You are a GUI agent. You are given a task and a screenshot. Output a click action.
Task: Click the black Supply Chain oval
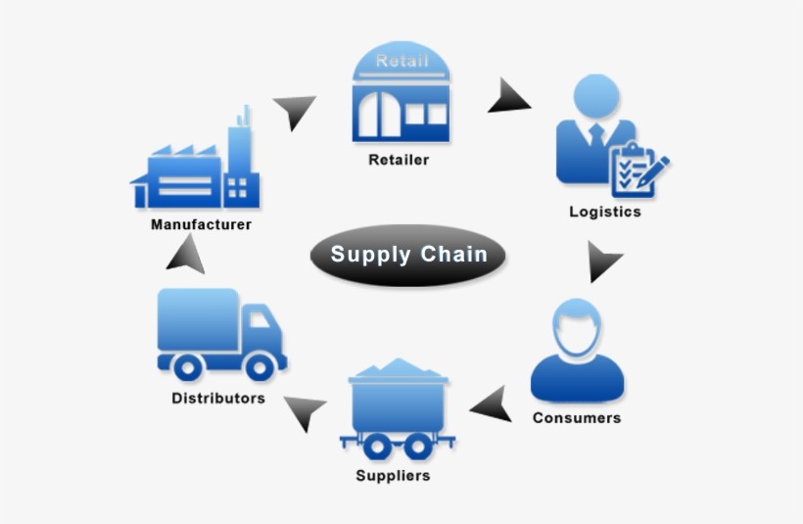click(x=408, y=256)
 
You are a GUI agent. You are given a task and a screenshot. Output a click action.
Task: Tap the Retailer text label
click(x=399, y=160)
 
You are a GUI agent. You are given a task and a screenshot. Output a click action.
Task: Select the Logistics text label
click(x=605, y=212)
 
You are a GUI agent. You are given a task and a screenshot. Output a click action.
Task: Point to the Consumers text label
click(x=577, y=418)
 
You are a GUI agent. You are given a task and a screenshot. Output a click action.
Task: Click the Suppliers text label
click(x=393, y=476)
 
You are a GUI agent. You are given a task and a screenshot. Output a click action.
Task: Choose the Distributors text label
click(x=218, y=399)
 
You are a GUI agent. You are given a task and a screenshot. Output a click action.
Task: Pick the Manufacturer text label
click(x=201, y=224)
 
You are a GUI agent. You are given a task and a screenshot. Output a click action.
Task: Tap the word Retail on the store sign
click(x=401, y=62)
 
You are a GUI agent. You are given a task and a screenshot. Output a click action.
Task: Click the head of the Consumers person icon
click(x=576, y=327)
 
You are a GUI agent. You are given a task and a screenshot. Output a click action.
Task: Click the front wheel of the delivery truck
click(x=260, y=367)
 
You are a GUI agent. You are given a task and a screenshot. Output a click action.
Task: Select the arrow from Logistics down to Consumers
click(x=603, y=262)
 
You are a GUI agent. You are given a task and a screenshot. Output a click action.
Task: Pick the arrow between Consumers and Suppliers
click(x=493, y=405)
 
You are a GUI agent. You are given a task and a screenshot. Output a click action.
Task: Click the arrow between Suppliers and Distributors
click(x=307, y=412)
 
